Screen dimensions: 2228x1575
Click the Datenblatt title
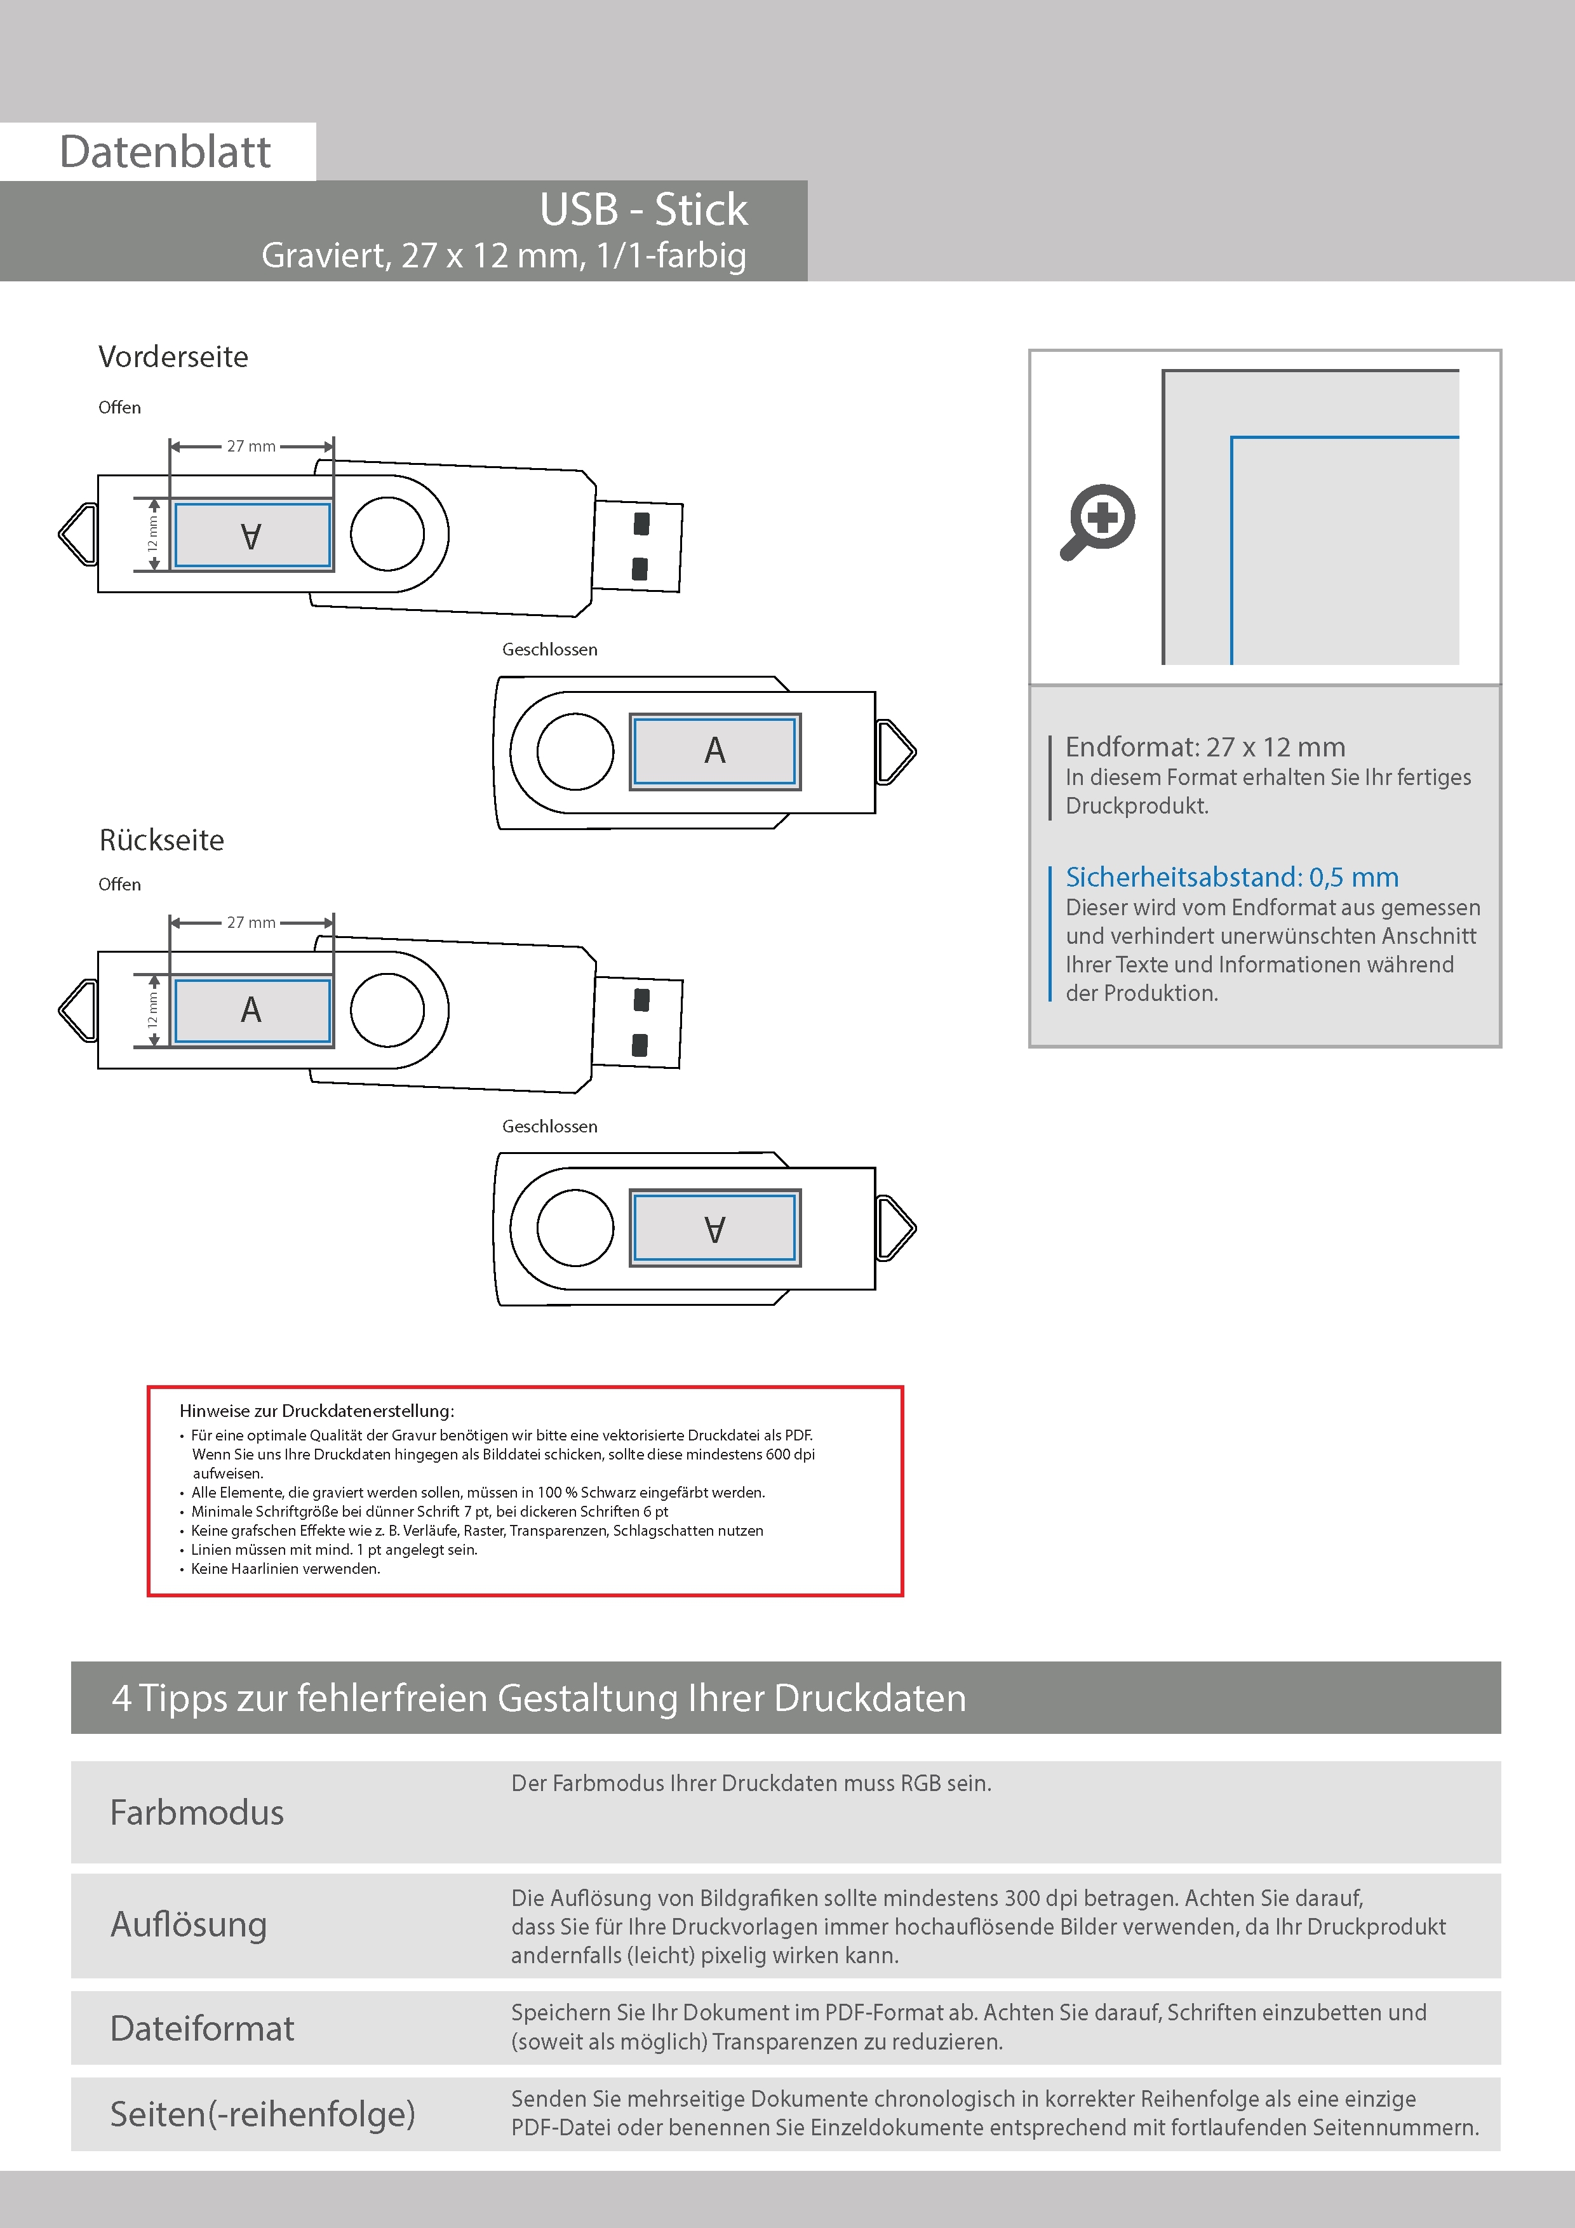(165, 151)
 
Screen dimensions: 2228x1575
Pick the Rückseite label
(162, 840)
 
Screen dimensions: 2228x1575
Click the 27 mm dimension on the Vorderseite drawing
(251, 446)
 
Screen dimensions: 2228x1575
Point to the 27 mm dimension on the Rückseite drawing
(251, 923)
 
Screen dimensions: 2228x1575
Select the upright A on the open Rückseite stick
(251, 1010)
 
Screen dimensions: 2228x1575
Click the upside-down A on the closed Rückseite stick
(715, 1228)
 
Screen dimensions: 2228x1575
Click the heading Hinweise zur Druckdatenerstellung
(316, 1411)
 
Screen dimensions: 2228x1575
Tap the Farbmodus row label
(197, 1813)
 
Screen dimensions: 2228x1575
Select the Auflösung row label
(189, 1924)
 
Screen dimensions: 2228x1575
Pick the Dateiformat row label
(202, 2028)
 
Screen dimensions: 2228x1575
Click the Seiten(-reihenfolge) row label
(262, 2114)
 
